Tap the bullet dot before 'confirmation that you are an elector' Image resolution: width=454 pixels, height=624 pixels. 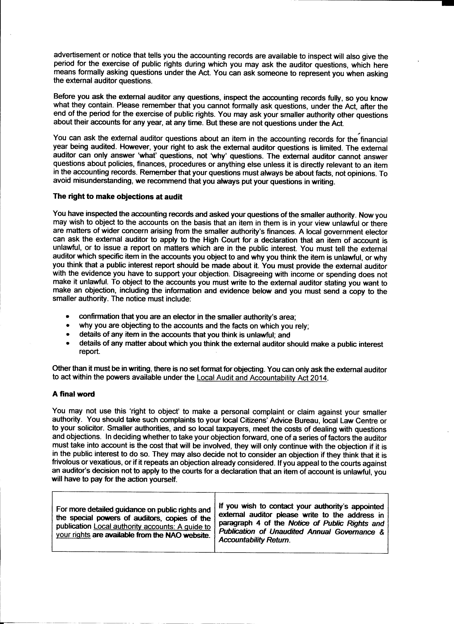(x=68, y=317)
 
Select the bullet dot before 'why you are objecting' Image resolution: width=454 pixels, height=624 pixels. (x=68, y=326)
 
